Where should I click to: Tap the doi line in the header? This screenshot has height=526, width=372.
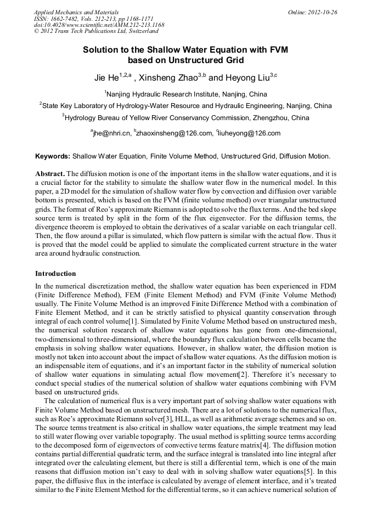(x=99, y=25)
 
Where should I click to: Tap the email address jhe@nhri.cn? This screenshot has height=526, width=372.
(x=111, y=133)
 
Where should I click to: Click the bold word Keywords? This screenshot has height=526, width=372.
(x=53, y=156)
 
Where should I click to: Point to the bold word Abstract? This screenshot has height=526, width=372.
(x=50, y=173)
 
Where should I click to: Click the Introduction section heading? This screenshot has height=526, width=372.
(x=55, y=273)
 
